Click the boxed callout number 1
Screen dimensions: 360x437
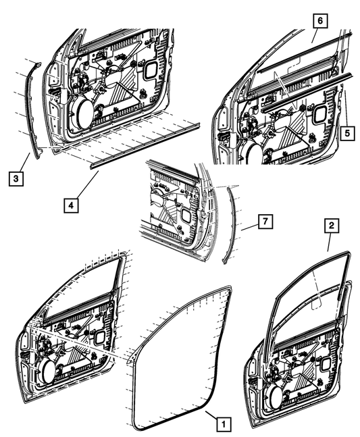click(x=223, y=424)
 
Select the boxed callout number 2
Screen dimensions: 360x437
click(x=332, y=226)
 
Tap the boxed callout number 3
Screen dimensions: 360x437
click(x=16, y=178)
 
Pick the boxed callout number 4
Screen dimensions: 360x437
click(x=71, y=205)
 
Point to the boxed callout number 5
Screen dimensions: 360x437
click(x=347, y=133)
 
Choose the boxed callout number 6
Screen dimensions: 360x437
click(x=320, y=21)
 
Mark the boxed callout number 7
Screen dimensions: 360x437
click(x=265, y=222)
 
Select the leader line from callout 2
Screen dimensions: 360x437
click(x=329, y=242)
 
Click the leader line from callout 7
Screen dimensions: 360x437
click(x=250, y=227)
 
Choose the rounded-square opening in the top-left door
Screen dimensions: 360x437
click(x=151, y=70)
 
